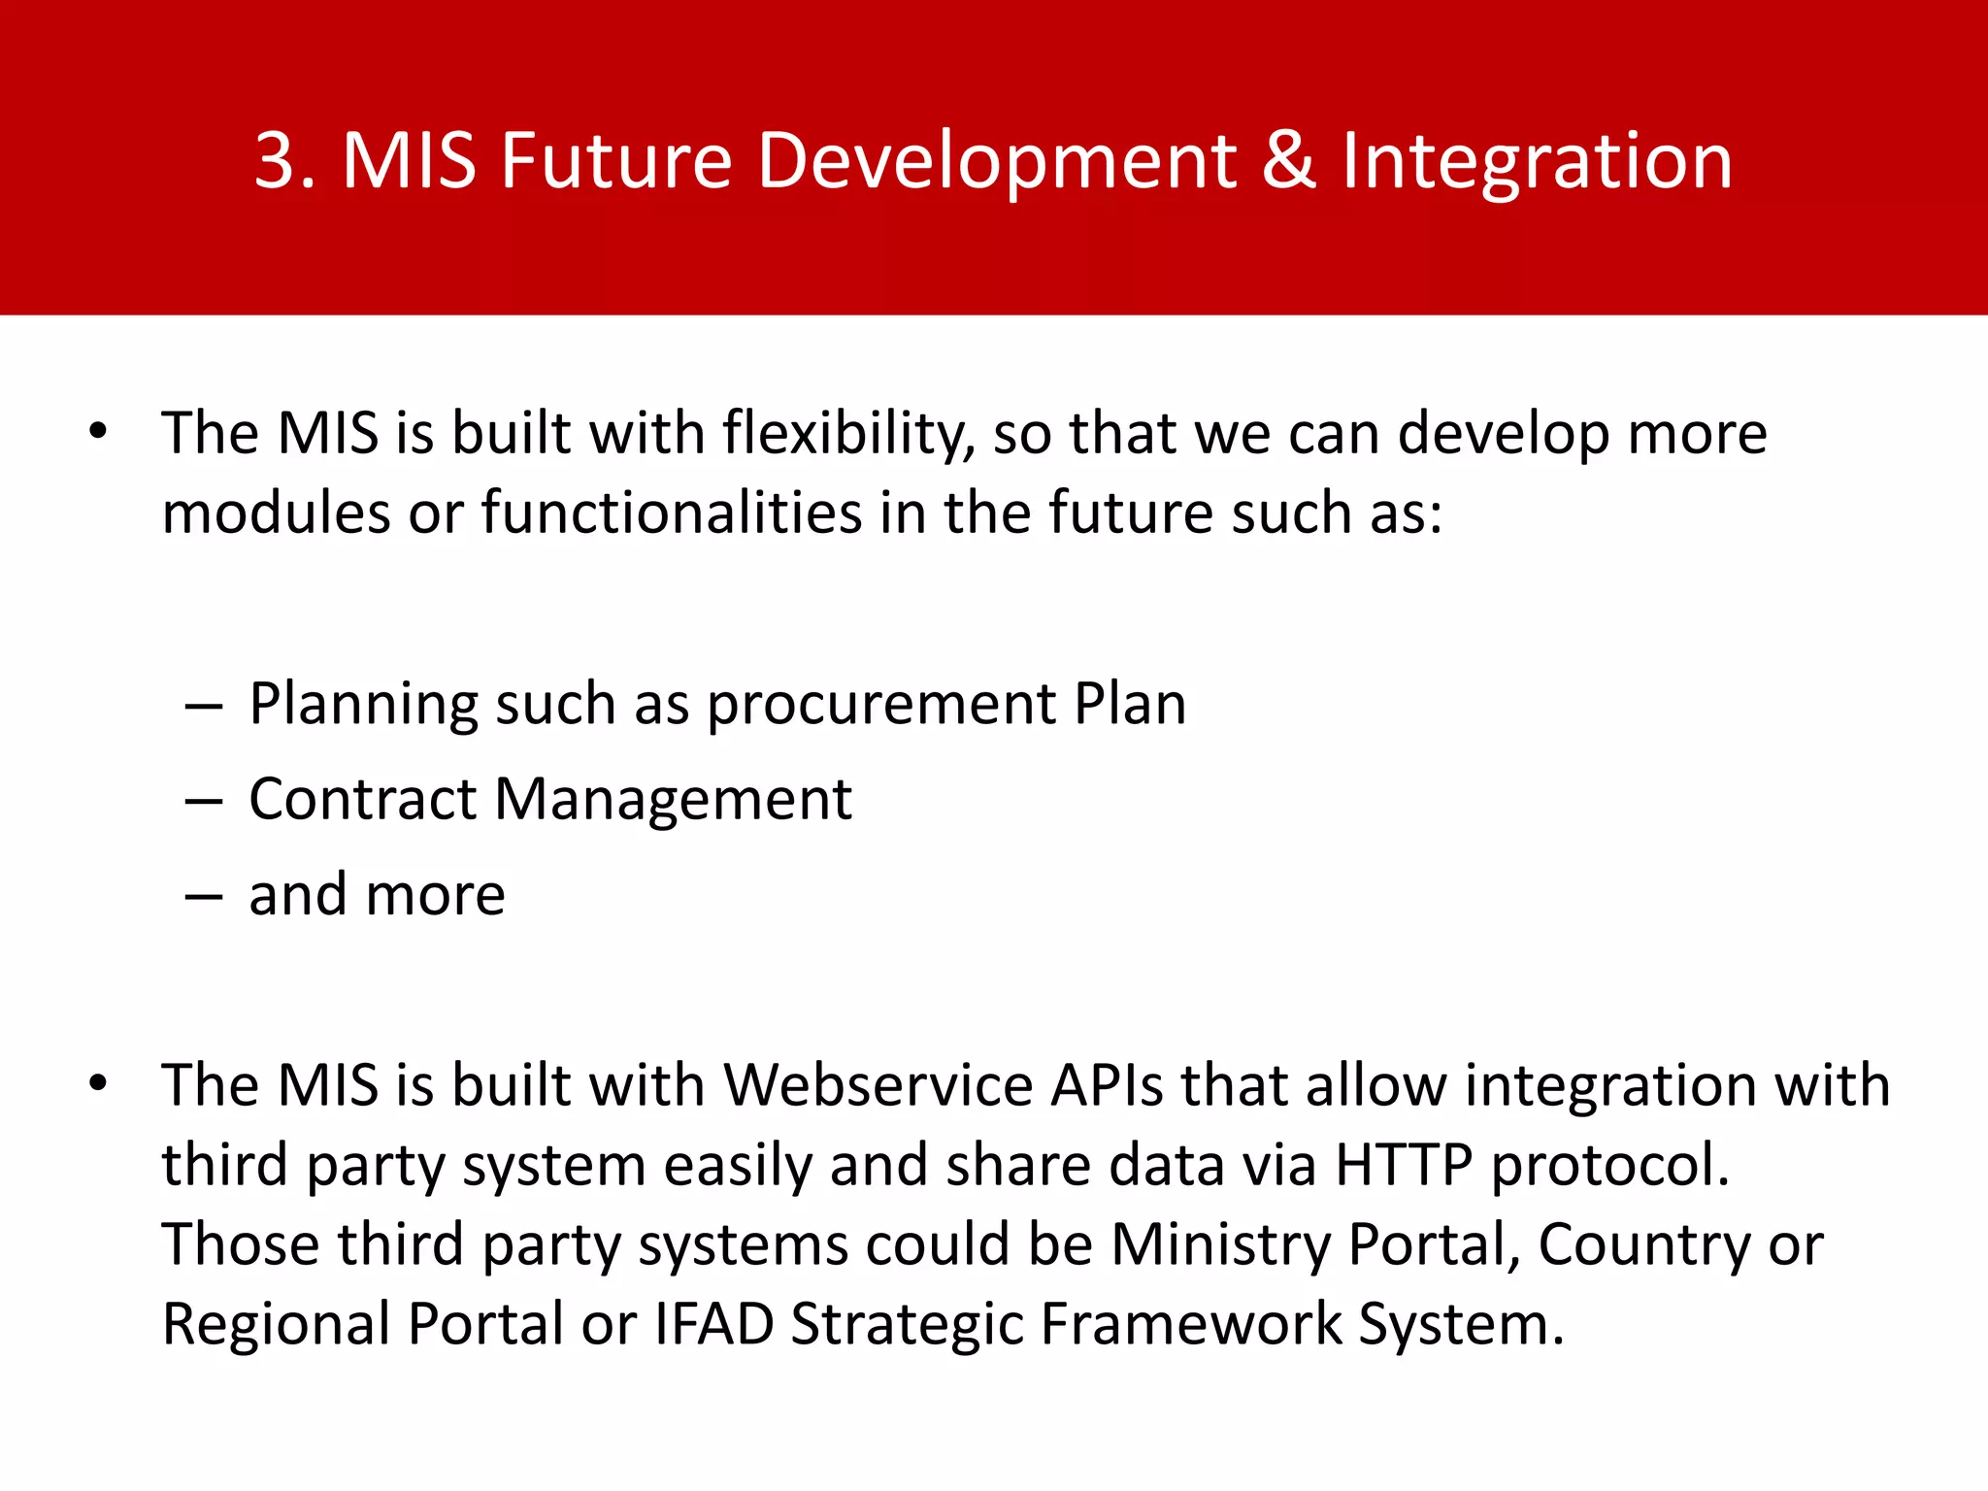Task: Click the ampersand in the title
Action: pos(1288,160)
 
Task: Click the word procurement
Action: pos(881,706)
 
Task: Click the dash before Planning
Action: pos(205,706)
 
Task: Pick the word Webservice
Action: pos(878,1084)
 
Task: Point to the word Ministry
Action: pos(1221,1245)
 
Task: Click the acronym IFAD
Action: pos(714,1324)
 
